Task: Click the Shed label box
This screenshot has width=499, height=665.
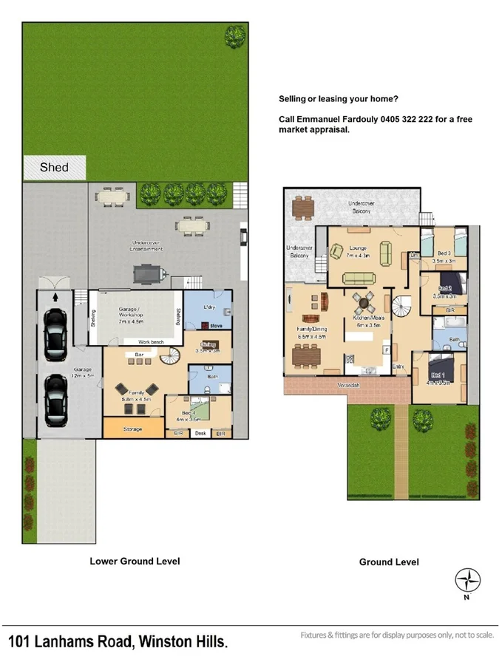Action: point(54,168)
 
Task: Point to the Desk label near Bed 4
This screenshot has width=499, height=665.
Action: point(199,434)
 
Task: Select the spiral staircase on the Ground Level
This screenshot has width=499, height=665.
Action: point(404,304)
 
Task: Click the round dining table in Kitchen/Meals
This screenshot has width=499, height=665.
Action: point(364,301)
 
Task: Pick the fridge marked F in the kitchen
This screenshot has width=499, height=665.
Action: point(386,349)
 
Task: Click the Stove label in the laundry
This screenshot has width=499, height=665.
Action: point(216,325)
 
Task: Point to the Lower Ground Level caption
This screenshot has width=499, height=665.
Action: point(135,561)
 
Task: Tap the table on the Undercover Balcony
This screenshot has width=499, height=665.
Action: point(303,208)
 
